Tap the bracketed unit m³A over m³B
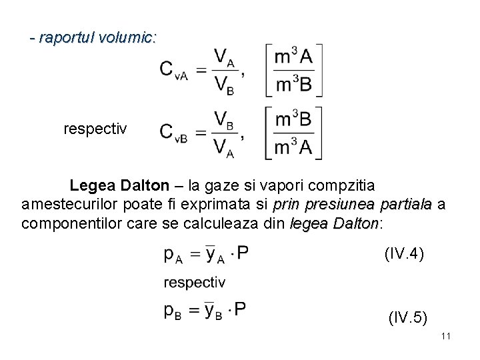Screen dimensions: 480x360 coord(294,71)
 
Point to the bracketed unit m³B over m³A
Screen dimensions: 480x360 coord(294,133)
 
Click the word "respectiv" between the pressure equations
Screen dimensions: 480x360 coord(195,283)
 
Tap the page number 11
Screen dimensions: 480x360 coord(446,336)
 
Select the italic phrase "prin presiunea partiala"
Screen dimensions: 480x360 coord(353,203)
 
